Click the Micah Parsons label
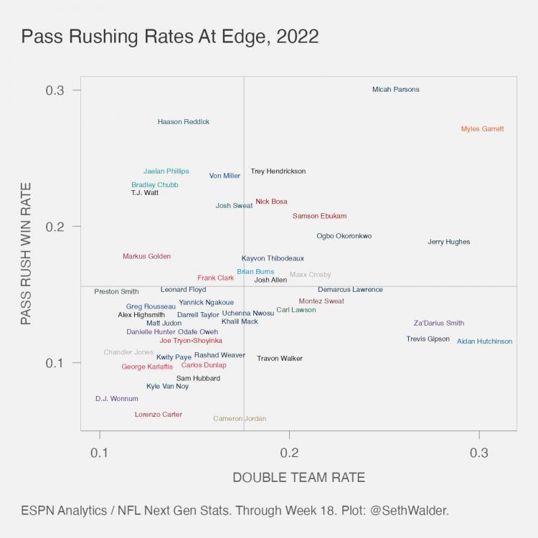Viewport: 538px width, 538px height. [396, 90]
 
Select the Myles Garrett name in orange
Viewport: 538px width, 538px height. [482, 129]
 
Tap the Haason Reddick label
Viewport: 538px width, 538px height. [184, 122]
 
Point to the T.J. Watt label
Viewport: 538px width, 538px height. [145, 193]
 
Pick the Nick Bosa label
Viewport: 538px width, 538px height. [271, 202]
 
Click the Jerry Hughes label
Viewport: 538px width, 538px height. [449, 242]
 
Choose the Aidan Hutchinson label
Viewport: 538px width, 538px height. [485, 341]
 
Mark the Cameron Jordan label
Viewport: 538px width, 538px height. [240, 419]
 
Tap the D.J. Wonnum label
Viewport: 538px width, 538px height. [117, 399]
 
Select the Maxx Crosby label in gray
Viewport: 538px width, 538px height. [311, 275]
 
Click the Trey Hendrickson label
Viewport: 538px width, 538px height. [278, 171]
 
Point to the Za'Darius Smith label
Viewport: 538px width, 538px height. [439, 324]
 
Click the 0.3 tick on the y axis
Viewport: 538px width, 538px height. [56, 90]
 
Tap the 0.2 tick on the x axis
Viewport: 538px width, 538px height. [289, 453]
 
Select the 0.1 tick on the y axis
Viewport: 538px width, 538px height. [56, 362]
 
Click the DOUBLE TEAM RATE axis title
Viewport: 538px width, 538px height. [299, 478]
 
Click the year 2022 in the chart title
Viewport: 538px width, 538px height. [294, 37]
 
